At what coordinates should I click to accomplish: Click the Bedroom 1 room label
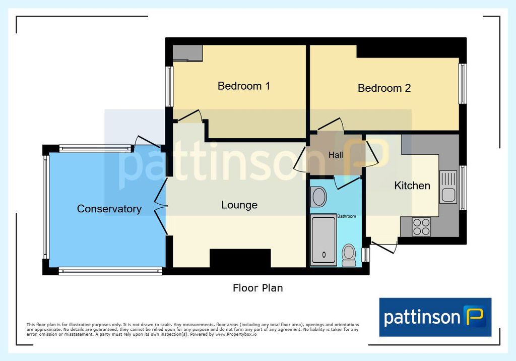pyautogui.click(x=244, y=86)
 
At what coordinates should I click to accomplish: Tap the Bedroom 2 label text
pyautogui.click(x=384, y=88)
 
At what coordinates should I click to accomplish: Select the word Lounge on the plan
pyautogui.click(x=239, y=205)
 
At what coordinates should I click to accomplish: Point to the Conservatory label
pyautogui.click(x=109, y=209)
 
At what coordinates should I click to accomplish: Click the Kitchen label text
pyautogui.click(x=412, y=186)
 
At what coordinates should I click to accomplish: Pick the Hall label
pyautogui.click(x=336, y=155)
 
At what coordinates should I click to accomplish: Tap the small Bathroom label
pyautogui.click(x=347, y=216)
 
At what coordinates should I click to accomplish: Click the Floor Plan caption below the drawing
pyautogui.click(x=257, y=288)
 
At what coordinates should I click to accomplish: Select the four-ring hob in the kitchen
pyautogui.click(x=421, y=226)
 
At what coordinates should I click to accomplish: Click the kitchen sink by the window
pyautogui.click(x=448, y=187)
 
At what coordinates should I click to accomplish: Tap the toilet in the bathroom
pyautogui.click(x=349, y=255)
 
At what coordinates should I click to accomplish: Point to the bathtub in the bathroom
pyautogui.click(x=324, y=240)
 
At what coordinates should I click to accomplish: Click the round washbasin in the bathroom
pyautogui.click(x=318, y=197)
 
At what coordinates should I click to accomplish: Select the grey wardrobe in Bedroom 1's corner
pyautogui.click(x=187, y=53)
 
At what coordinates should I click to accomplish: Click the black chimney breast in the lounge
pyautogui.click(x=240, y=258)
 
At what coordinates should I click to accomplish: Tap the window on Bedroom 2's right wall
pyautogui.click(x=463, y=84)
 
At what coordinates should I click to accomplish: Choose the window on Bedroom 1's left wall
pyautogui.click(x=169, y=87)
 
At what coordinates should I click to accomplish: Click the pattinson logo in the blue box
pyautogui.click(x=435, y=317)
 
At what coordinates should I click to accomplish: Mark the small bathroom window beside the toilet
pyautogui.click(x=366, y=255)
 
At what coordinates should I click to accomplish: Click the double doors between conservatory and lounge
pyautogui.click(x=161, y=207)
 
